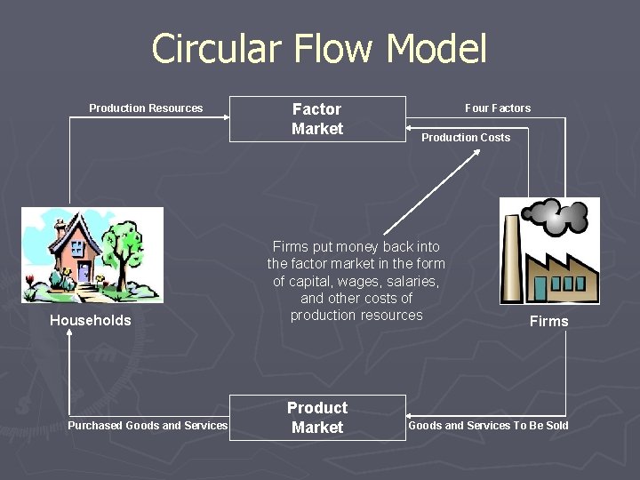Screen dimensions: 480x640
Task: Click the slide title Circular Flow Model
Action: click(x=319, y=48)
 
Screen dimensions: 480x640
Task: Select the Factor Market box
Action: click(x=317, y=118)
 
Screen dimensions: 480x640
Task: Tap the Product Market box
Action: click(x=317, y=417)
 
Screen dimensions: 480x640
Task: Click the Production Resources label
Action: click(x=146, y=108)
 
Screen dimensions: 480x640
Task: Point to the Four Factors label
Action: click(x=498, y=108)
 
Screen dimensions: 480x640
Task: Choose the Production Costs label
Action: click(x=466, y=138)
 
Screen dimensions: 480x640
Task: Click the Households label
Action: click(x=90, y=321)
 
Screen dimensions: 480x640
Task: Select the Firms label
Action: click(x=548, y=322)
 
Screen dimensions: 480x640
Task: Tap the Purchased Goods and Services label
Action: click(x=148, y=426)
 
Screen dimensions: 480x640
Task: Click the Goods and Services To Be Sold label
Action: click(x=488, y=426)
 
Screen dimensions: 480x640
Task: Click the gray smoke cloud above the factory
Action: click(x=556, y=214)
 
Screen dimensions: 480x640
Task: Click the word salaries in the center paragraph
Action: click(x=414, y=281)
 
